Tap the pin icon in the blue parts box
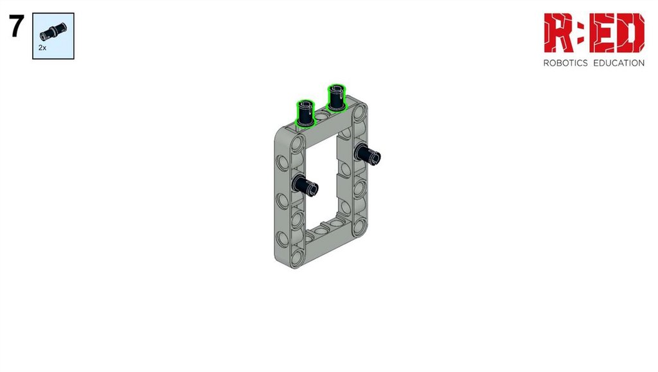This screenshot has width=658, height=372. (53, 32)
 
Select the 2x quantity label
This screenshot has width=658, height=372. (42, 48)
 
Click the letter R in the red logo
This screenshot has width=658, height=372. (559, 33)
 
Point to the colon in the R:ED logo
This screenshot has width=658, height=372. (581, 33)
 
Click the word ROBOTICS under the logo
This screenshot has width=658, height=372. (565, 64)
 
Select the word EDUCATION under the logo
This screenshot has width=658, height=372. (619, 64)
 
